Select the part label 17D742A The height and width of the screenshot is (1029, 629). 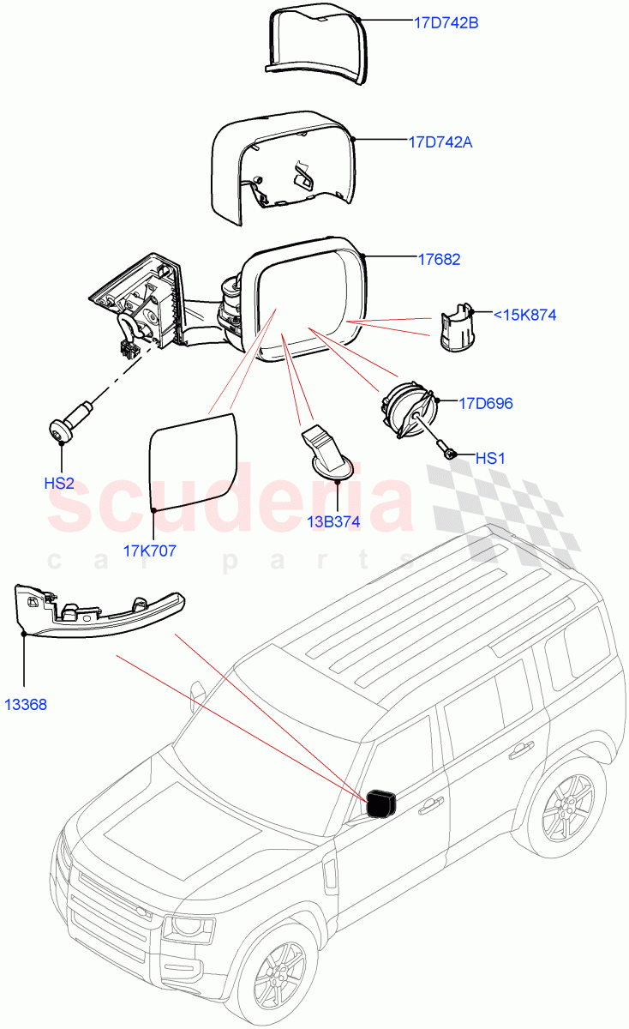[x=440, y=142]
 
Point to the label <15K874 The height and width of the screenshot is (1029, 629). [x=524, y=316]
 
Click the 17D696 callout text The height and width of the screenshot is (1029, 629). [x=485, y=403]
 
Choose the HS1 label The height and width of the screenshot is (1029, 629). [x=490, y=459]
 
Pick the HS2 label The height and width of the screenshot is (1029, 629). [x=59, y=484]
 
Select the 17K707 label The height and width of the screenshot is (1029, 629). [x=150, y=551]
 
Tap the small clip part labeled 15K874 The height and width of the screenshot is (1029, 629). [x=458, y=328]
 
